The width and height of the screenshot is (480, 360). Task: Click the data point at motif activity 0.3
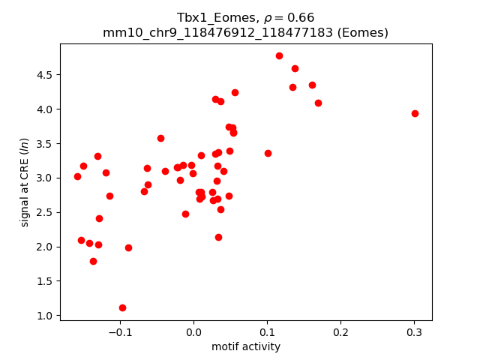click(415, 113)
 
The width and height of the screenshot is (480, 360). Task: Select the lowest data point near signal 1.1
click(122, 307)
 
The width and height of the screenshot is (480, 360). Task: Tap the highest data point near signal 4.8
click(279, 55)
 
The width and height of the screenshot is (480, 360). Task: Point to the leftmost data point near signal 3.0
click(77, 176)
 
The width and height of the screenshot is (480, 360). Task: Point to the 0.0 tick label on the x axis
click(193, 332)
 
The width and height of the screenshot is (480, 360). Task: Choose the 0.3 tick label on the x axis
click(414, 332)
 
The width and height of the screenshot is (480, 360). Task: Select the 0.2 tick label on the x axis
click(340, 332)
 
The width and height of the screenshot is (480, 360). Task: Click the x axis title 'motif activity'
click(246, 346)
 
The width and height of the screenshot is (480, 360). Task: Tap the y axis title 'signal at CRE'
click(25, 182)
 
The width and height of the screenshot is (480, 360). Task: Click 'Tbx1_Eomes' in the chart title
click(207, 18)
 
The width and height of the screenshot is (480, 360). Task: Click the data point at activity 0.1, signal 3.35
click(268, 153)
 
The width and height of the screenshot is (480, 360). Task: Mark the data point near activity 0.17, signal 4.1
click(318, 103)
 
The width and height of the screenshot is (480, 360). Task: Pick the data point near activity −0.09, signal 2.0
click(128, 247)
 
